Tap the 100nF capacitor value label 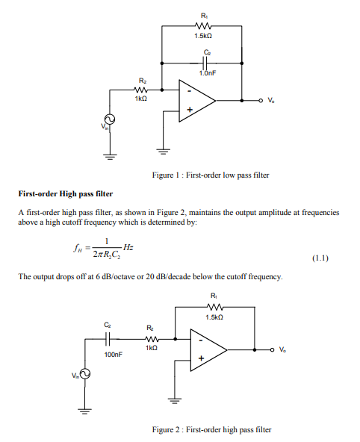click(x=114, y=355)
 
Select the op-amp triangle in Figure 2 click(x=206, y=350)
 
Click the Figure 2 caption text click(x=211, y=429)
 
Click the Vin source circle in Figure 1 click(x=109, y=119)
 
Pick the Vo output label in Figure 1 click(x=276, y=99)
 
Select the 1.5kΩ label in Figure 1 click(x=205, y=36)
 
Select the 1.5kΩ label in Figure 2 click(x=215, y=317)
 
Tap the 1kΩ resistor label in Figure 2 click(x=152, y=348)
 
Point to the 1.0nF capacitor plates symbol click(x=206, y=63)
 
